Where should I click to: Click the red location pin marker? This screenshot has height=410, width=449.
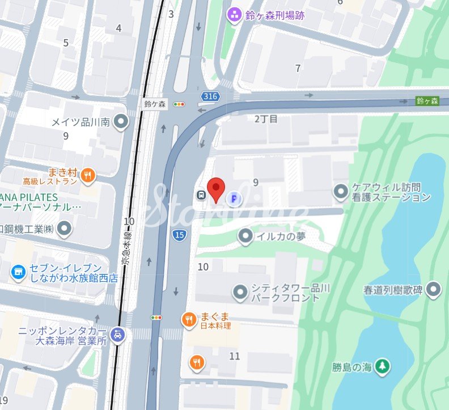tap(216, 189)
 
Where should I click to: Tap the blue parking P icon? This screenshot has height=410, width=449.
tap(234, 198)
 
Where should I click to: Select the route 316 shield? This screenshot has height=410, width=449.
tap(210, 96)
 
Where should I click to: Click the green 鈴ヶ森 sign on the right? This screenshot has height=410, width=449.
tap(427, 100)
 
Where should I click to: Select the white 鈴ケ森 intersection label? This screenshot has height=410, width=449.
tap(155, 104)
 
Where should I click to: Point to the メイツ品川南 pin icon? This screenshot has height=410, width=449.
tap(120, 121)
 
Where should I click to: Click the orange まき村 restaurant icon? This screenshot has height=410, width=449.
tap(87, 175)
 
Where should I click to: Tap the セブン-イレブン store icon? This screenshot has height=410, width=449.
tap(19, 273)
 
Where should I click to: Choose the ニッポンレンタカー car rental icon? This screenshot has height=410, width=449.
tap(118, 335)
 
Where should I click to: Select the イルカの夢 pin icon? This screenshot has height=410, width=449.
tap(245, 236)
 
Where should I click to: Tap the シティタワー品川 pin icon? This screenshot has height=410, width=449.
tap(240, 293)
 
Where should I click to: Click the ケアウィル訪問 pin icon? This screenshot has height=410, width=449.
tap(341, 191)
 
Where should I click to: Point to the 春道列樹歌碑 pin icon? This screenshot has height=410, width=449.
tap(434, 289)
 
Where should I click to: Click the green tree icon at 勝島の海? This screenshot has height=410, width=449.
tap(383, 366)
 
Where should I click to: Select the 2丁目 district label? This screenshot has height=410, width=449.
tap(266, 119)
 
